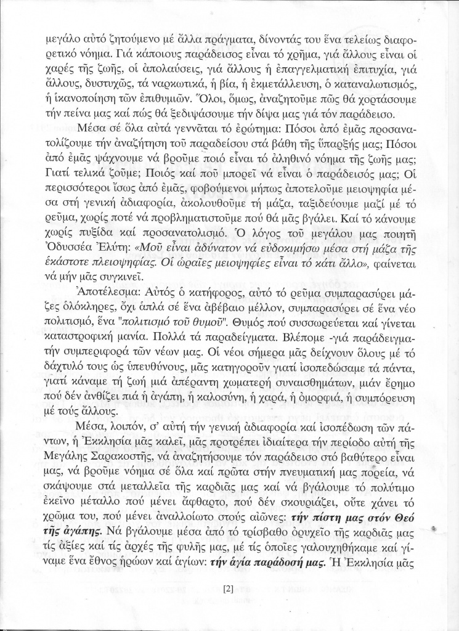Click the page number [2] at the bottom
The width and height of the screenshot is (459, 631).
(229, 588)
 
